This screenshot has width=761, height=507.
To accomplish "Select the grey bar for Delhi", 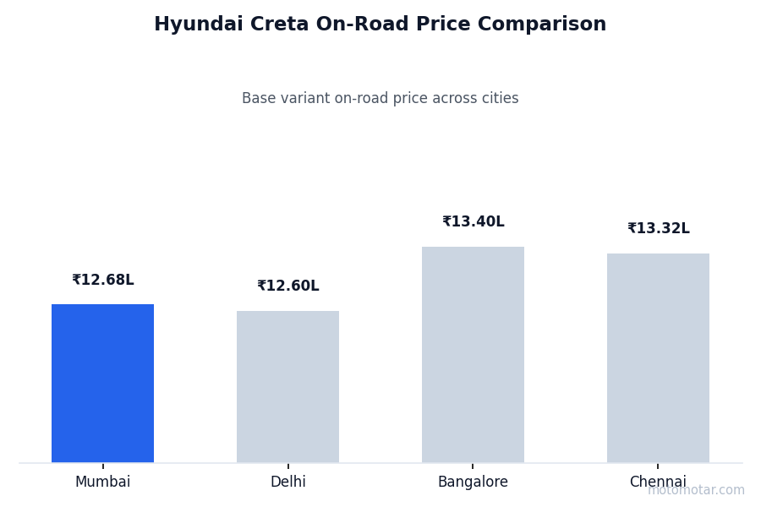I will (287, 386).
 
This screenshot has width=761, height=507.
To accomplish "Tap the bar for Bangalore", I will (473, 354).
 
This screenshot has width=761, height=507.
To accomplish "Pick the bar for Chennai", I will (658, 357).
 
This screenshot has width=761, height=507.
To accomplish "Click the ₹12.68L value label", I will (103, 281).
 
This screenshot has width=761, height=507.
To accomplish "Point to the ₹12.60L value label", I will (288, 286).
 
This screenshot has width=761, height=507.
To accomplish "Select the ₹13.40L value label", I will (474, 222).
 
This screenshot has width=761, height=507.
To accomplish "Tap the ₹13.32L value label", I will (659, 229).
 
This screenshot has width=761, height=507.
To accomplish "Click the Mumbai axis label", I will (103, 482).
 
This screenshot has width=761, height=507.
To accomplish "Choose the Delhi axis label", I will (288, 482).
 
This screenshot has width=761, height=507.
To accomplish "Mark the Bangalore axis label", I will (473, 482).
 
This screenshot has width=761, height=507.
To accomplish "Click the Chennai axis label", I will (658, 482).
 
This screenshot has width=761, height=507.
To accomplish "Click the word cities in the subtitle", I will (498, 99).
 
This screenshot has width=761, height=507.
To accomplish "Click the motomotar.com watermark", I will (697, 490).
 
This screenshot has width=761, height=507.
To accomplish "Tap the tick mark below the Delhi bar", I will (288, 466).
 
